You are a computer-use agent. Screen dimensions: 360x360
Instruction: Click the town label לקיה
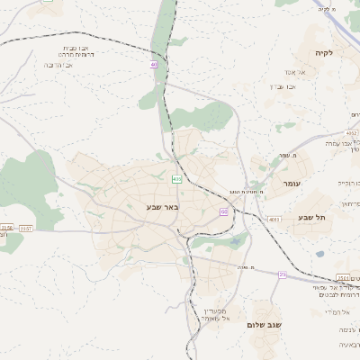coord(325,54)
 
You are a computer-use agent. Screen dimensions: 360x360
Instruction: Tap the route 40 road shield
coord(154,65)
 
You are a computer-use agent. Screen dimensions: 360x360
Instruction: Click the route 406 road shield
coord(177,180)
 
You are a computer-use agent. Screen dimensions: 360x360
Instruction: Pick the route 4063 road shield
coord(274,219)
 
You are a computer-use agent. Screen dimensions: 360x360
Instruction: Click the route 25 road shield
coord(283,274)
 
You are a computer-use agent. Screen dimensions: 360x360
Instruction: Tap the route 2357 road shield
coord(27,229)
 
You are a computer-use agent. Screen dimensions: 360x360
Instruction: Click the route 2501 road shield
coord(344,277)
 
